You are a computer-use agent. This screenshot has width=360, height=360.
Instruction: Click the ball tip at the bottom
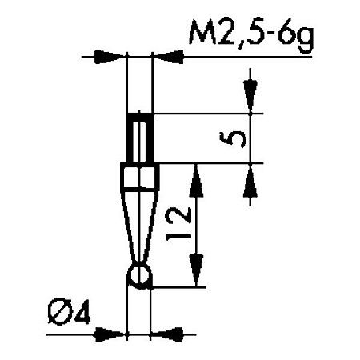139,275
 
